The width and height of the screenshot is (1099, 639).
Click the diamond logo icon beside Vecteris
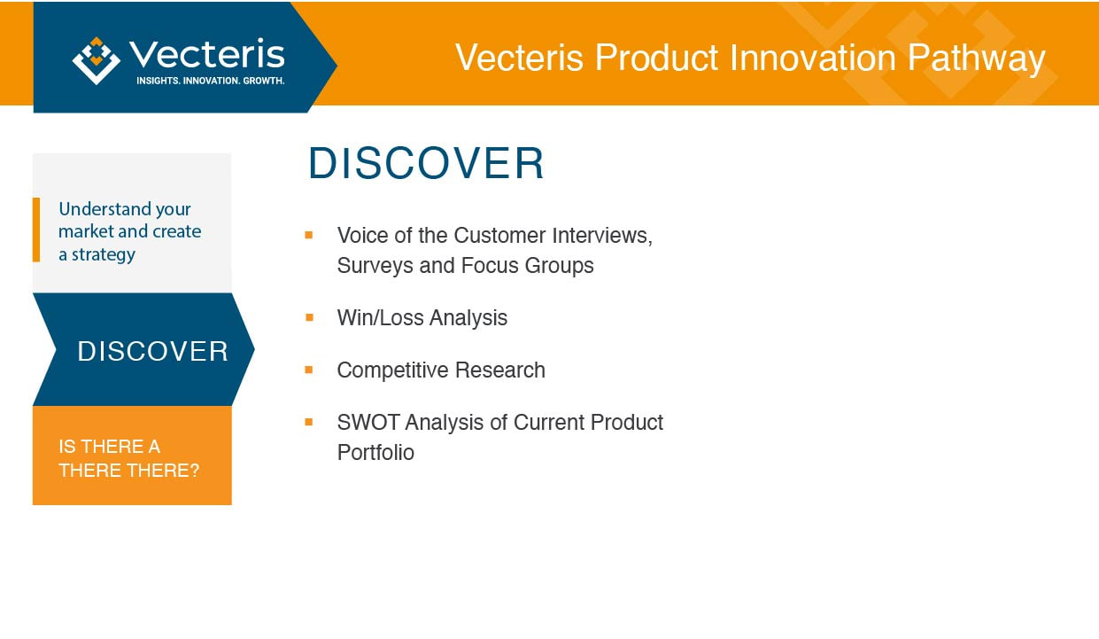click(x=97, y=60)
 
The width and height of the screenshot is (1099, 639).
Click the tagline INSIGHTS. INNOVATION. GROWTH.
click(x=211, y=81)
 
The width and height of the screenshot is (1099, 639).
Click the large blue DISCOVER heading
click(x=426, y=163)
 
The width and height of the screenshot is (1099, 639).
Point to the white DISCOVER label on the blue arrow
click(x=152, y=351)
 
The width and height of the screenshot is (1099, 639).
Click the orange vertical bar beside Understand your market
click(x=36, y=230)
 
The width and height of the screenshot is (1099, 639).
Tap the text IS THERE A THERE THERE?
click(x=128, y=458)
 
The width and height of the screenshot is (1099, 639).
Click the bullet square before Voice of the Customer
click(x=308, y=235)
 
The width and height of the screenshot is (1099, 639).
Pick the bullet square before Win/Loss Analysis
click(x=309, y=317)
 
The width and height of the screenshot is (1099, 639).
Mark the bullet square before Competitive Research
click(x=308, y=370)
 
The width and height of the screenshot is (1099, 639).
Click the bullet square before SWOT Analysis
click(x=308, y=422)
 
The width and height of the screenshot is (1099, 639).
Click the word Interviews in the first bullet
click(x=602, y=236)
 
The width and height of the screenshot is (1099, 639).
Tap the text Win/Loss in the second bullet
click(x=380, y=318)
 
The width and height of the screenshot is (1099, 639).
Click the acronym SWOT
click(x=368, y=423)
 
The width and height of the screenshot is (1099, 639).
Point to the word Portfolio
click(x=375, y=452)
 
